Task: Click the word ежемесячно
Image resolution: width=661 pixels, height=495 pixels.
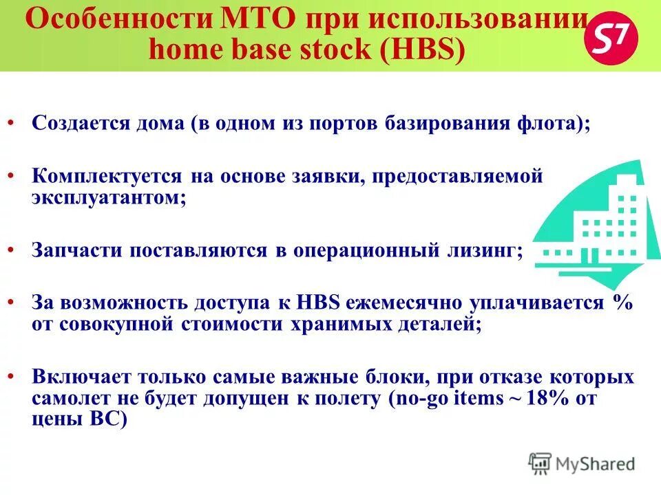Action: pos(406,303)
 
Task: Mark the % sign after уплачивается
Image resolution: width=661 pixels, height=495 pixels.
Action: pos(622,303)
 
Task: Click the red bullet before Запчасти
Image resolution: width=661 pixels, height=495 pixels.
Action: pos(13,250)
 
